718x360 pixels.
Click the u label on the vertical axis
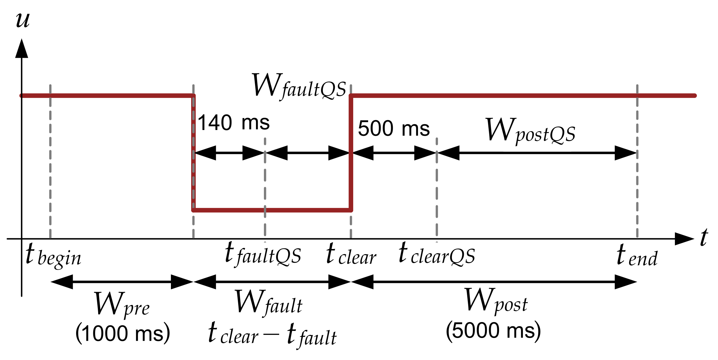(x=23, y=20)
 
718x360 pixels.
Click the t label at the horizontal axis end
(x=704, y=238)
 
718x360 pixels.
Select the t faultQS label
(x=263, y=254)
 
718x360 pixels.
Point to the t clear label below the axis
(x=351, y=254)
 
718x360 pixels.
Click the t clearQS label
(x=437, y=254)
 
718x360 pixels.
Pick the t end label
(x=637, y=256)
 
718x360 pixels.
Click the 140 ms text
(x=234, y=123)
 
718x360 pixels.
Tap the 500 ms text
(x=394, y=128)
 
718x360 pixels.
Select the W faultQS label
(x=299, y=87)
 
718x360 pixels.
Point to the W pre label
(x=122, y=304)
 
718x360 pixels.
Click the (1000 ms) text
(x=123, y=333)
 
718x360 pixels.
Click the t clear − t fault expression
(x=272, y=335)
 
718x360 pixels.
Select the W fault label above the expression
(x=268, y=303)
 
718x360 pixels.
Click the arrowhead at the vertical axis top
(x=22, y=49)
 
